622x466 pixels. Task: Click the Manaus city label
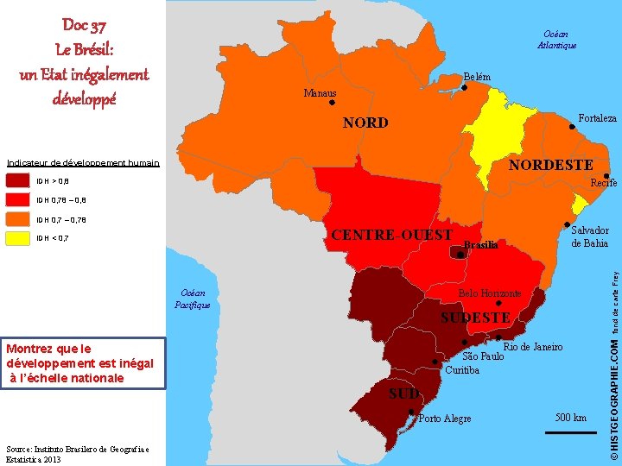point(321,93)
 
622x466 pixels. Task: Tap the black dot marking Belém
point(465,85)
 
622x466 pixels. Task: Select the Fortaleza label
point(597,117)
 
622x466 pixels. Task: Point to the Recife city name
point(603,183)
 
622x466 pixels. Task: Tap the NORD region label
point(365,123)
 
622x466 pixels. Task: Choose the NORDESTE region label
point(550,165)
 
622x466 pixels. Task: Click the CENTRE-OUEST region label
point(391,235)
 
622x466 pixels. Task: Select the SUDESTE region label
point(475,318)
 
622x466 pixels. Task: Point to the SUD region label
point(403,394)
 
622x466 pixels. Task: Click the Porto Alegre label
point(444,419)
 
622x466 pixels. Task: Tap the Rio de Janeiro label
point(533,346)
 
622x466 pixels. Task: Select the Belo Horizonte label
point(490,293)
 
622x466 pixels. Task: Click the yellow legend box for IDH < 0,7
point(18,238)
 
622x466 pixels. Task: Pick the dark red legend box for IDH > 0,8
point(18,181)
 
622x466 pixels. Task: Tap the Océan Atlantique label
point(556,39)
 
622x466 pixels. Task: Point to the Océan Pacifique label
point(192,299)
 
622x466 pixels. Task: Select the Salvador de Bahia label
point(589,236)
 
